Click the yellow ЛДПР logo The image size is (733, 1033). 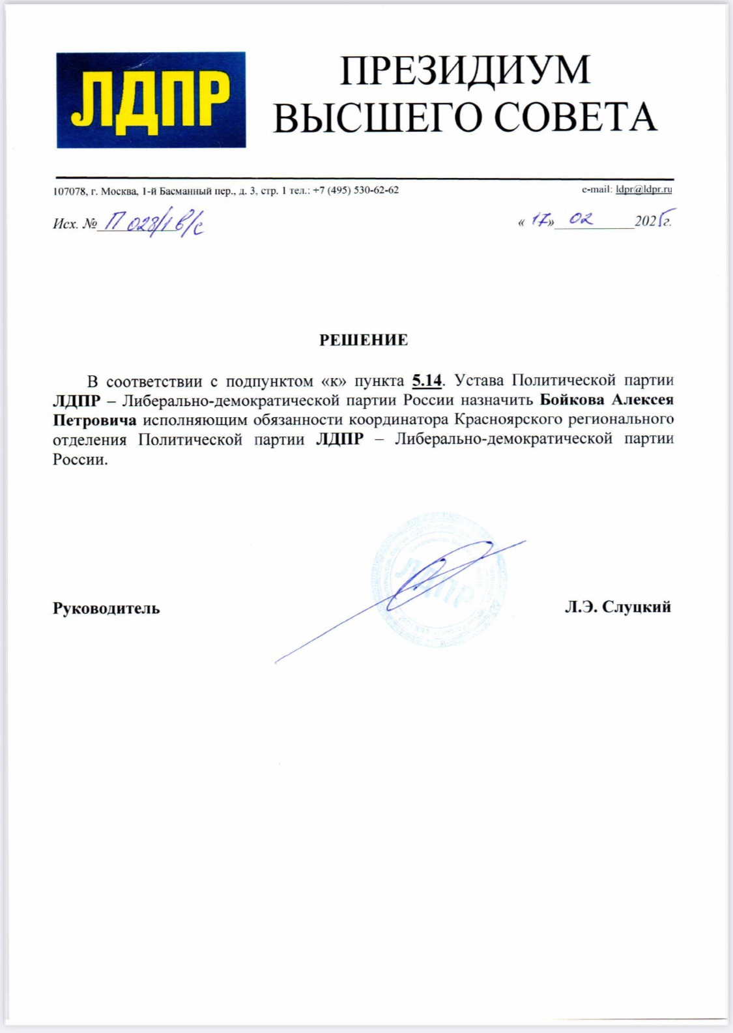click(x=151, y=100)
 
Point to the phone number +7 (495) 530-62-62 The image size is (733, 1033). click(x=356, y=190)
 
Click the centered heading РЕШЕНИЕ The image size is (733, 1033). click(x=364, y=340)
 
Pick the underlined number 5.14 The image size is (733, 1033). click(x=427, y=380)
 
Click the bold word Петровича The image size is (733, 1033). click(x=94, y=420)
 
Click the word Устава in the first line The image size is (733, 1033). click(x=478, y=380)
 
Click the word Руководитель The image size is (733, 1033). click(x=106, y=608)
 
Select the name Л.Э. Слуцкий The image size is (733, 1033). click(x=618, y=607)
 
